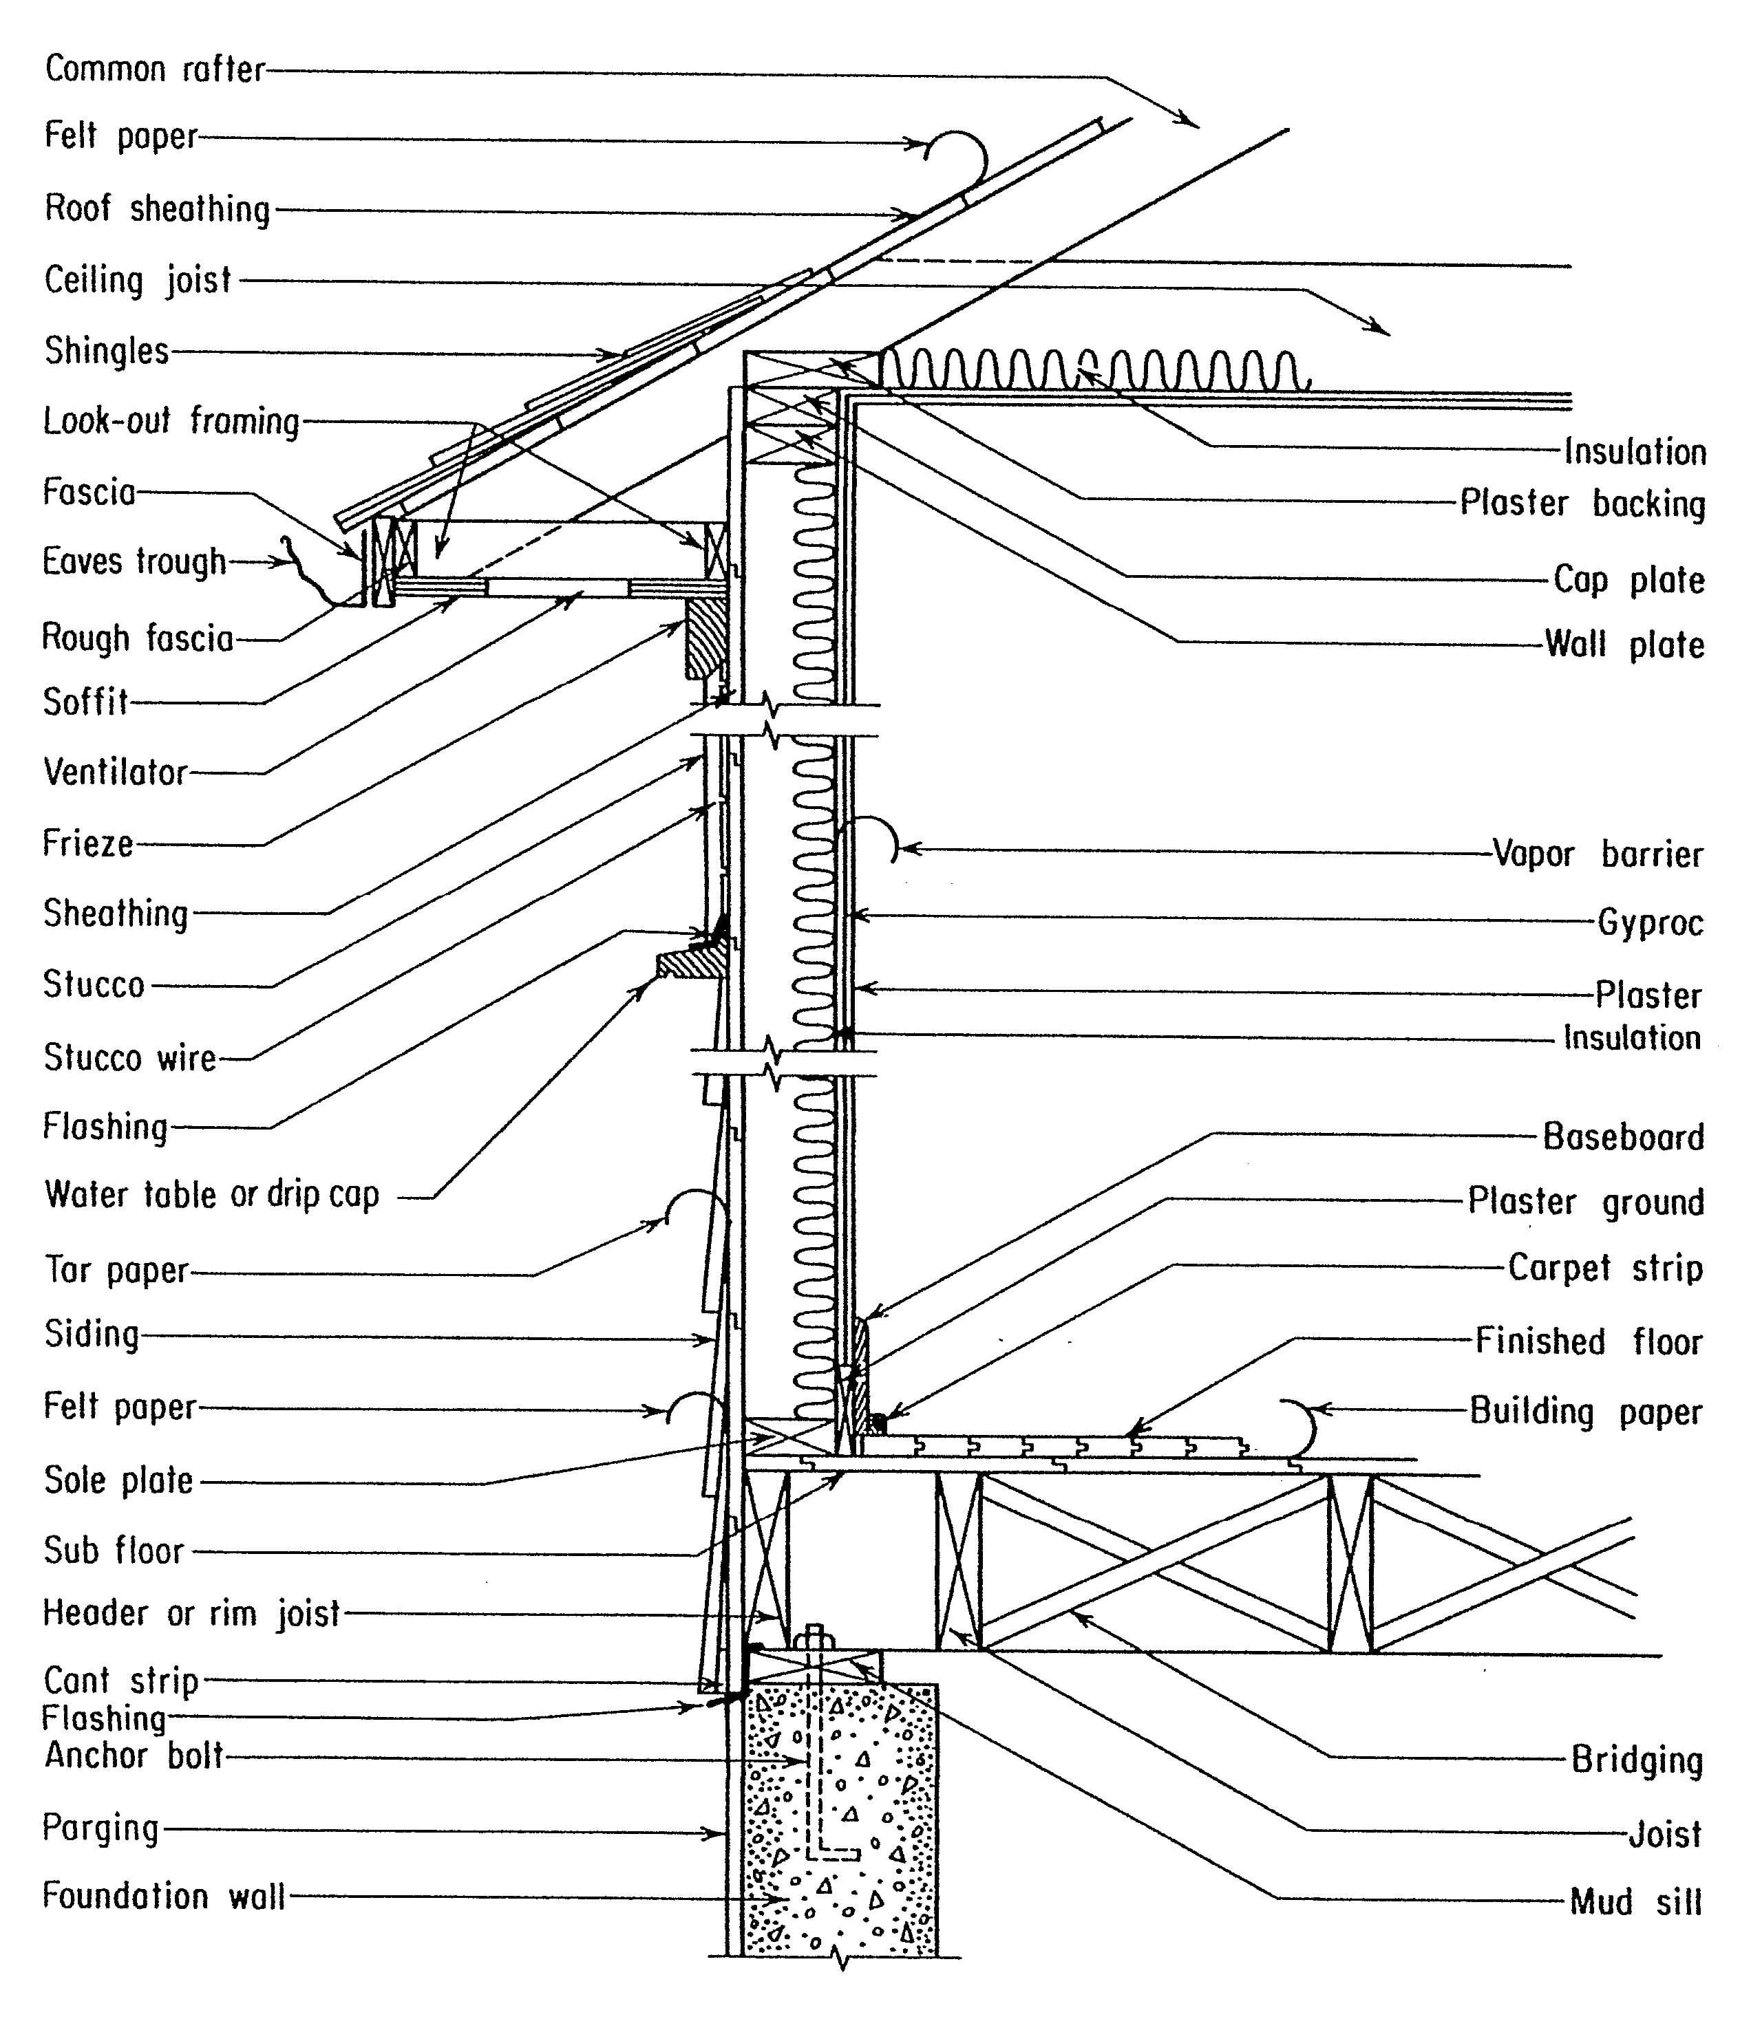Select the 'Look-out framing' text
point(172,421)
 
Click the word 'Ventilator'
point(116,772)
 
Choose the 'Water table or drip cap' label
point(212,1195)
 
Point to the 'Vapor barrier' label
point(1598,854)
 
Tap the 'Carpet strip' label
point(1605,1268)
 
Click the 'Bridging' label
point(1637,1760)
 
